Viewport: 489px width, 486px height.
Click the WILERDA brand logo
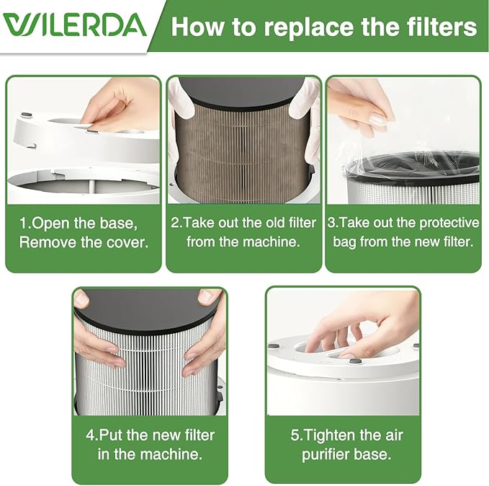(74, 25)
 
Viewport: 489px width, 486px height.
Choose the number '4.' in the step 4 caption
(92, 435)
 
